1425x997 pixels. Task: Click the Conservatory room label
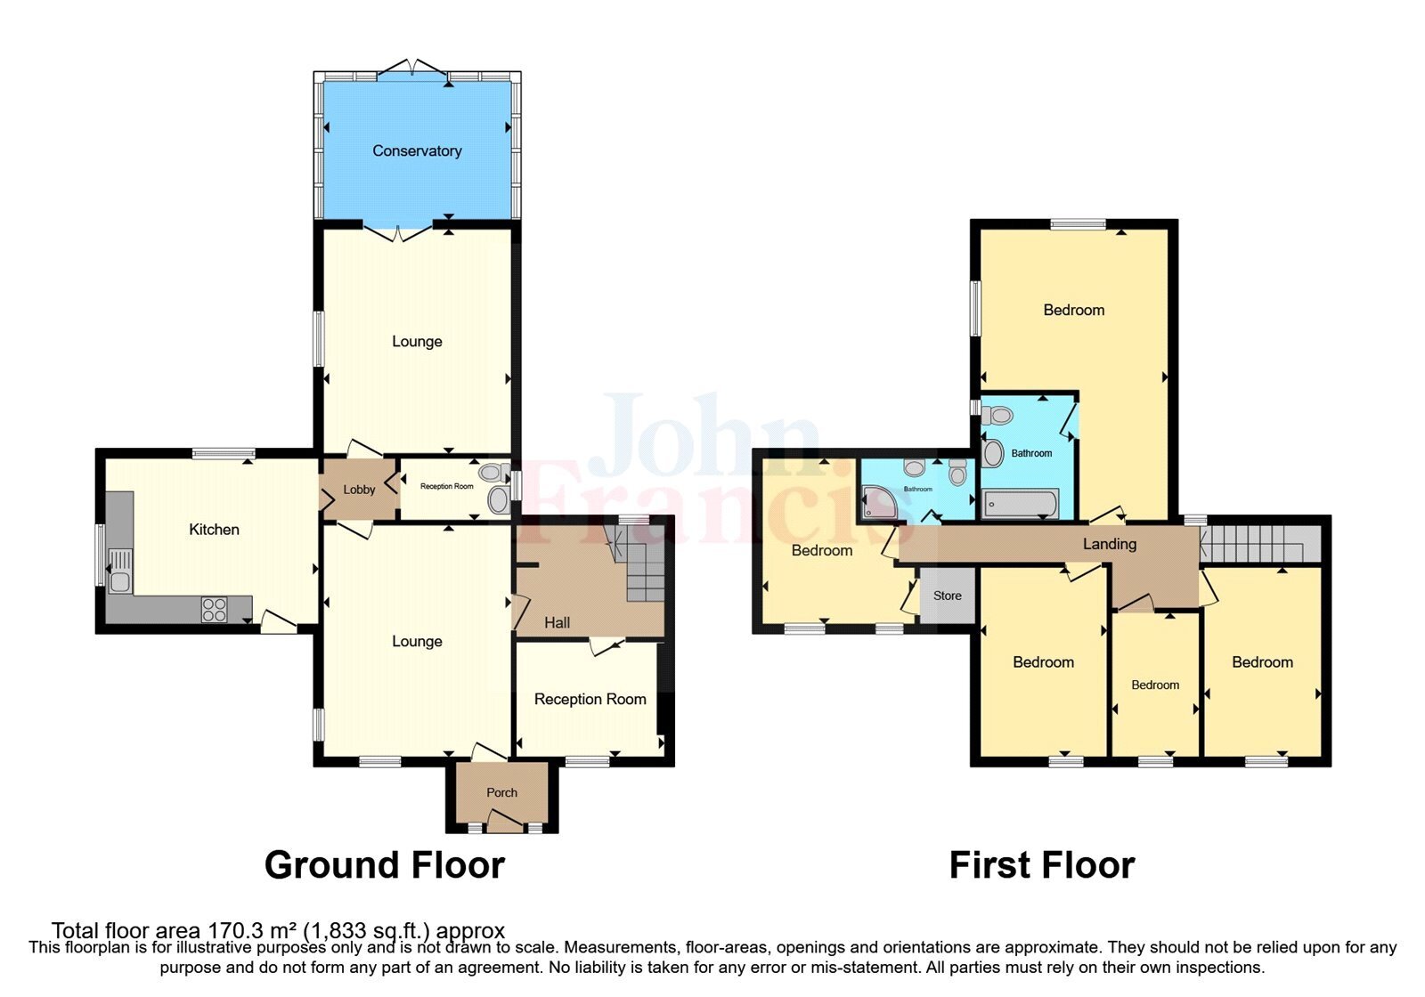417,151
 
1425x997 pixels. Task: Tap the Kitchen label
214,530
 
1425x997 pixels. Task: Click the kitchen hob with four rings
214,609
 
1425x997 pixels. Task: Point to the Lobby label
359,490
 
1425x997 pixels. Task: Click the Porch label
501,792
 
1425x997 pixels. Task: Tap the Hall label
557,623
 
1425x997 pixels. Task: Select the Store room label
947,596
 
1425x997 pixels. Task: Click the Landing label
1109,544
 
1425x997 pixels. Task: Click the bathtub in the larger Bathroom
1020,504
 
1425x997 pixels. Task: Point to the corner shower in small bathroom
880,503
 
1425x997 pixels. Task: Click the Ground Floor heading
385,865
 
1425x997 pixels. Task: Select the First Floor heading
1041,865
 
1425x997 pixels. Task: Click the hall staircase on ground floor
643,570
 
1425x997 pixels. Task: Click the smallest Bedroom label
1155,685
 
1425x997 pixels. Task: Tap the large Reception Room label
590,700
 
